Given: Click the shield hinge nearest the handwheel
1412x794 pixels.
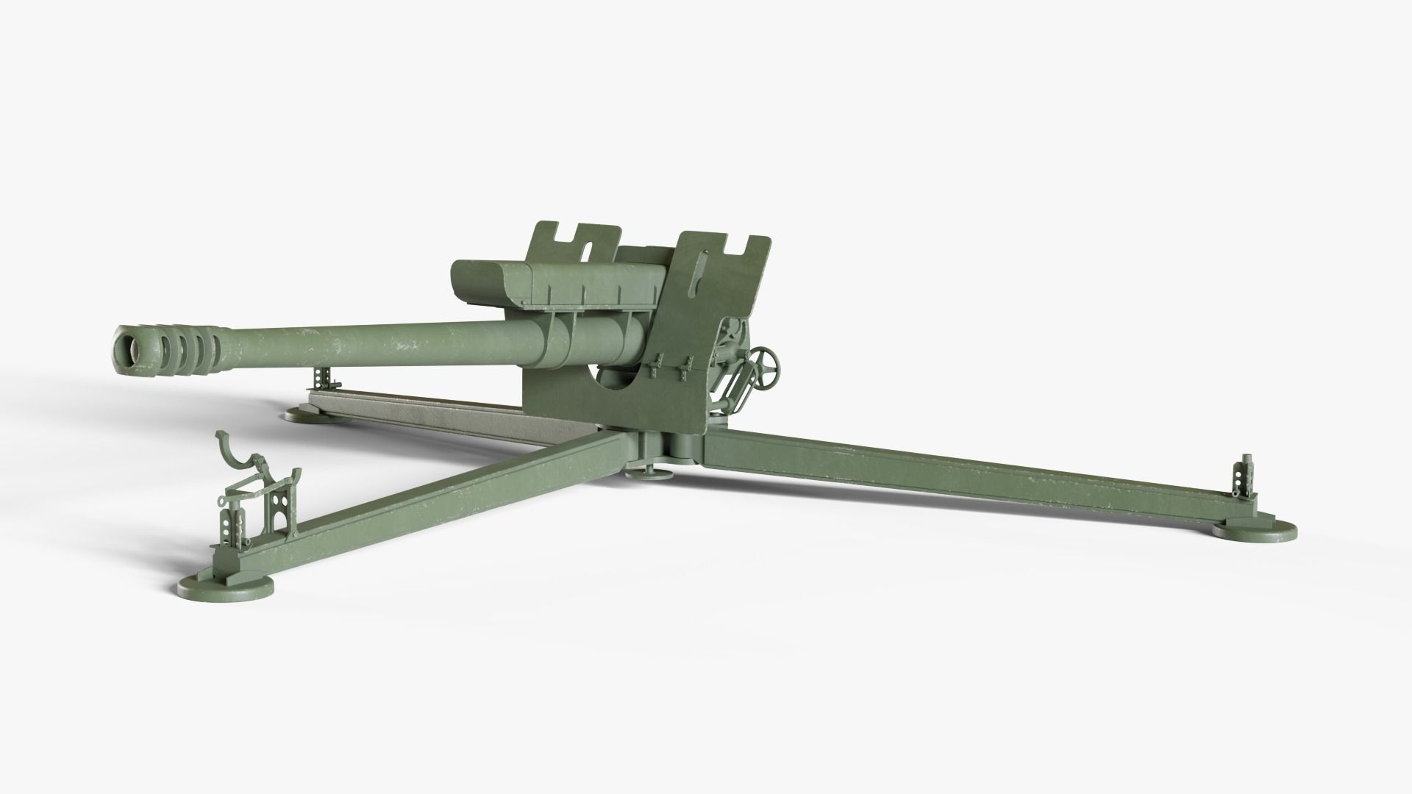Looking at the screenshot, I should pyautogui.click(x=687, y=365).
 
